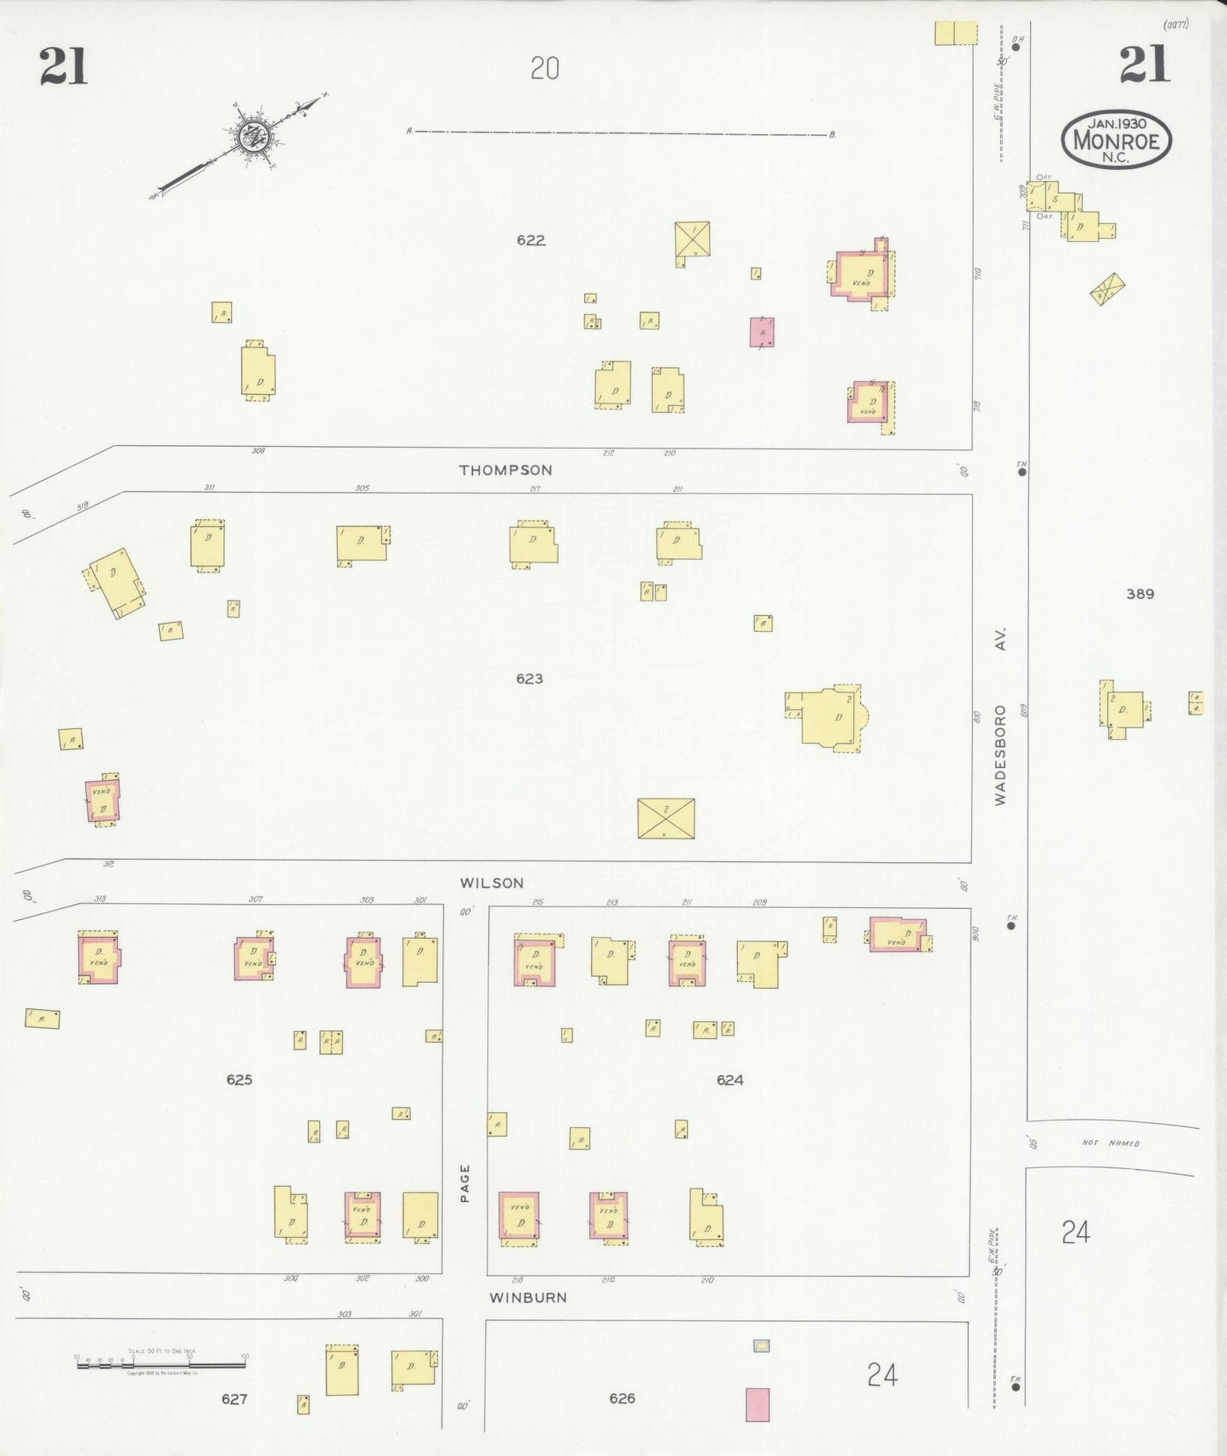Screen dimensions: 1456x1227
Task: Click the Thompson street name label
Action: (505, 470)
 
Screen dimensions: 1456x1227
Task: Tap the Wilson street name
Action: (492, 883)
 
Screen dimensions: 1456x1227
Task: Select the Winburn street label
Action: (527, 1297)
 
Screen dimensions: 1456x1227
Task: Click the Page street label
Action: (464, 1182)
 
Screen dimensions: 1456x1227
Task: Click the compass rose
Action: (252, 135)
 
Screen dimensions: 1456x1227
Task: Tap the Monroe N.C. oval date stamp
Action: (1116, 138)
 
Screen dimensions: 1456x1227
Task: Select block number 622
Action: (531, 240)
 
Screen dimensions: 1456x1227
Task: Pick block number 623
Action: (529, 679)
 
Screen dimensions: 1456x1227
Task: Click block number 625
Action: (239, 1080)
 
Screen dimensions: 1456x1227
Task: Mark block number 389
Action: (1140, 594)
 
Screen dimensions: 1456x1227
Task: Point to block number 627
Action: (234, 1399)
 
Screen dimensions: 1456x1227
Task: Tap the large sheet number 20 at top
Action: (544, 68)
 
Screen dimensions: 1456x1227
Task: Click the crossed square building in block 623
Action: (666, 818)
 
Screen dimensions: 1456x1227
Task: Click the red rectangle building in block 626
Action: (757, 1404)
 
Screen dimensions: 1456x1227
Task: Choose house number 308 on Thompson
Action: (257, 451)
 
